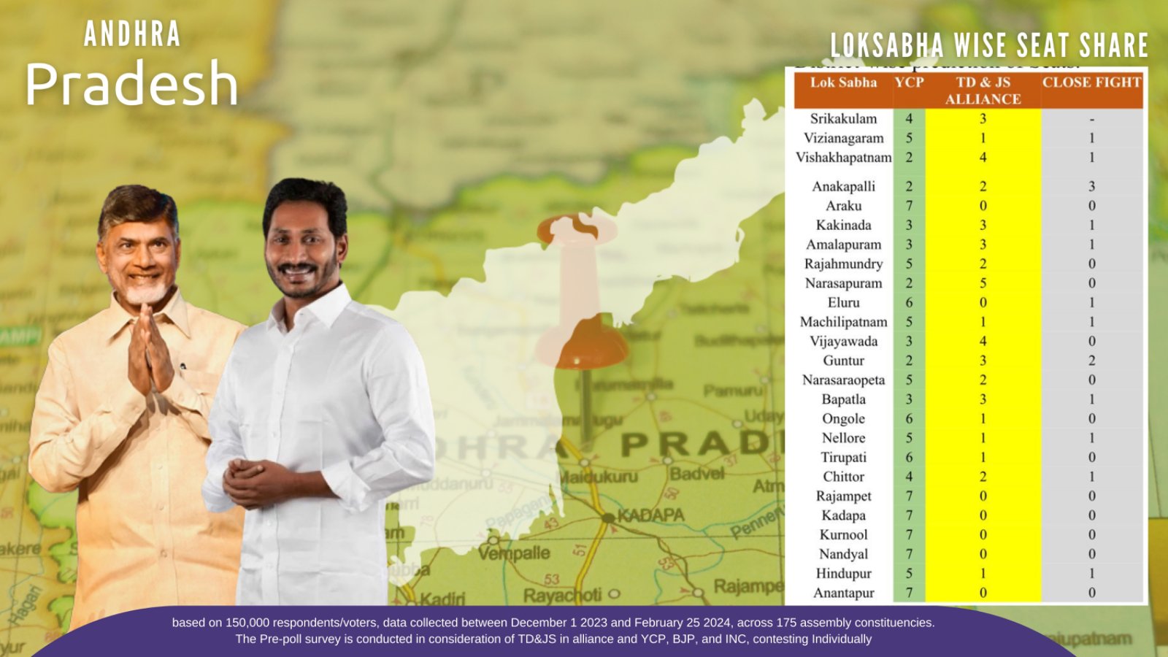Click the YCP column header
coord(909,82)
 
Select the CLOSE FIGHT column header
coord(1091,82)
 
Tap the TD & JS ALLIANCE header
coord(983,91)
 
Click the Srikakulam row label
coord(843,118)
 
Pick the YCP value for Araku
coord(909,206)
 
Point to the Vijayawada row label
coord(843,341)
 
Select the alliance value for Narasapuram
coord(983,283)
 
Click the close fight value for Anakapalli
coord(1091,186)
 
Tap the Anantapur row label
coord(843,593)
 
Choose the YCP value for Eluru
coord(909,302)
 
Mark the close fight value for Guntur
coord(1091,361)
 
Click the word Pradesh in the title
coord(132,84)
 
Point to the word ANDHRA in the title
coord(132,34)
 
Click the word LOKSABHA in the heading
coord(887,45)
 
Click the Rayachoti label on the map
coord(563,596)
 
